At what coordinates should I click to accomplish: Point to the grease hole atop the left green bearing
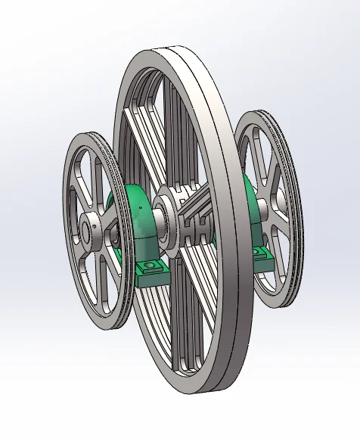[x=140, y=207]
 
